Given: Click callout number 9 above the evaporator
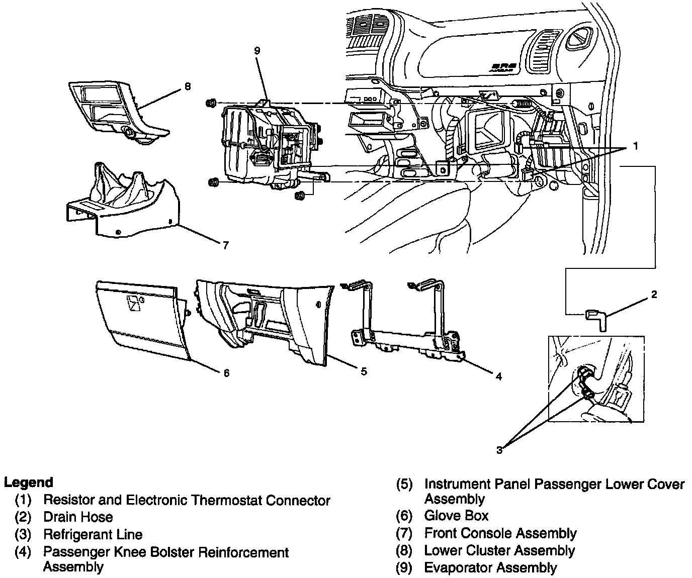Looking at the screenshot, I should tap(257, 51).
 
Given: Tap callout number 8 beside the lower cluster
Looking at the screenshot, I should tap(188, 86).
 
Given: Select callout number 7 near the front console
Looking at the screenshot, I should tap(226, 245).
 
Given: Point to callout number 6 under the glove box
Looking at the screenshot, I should tap(226, 373).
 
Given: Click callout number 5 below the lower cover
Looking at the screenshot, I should tap(364, 371).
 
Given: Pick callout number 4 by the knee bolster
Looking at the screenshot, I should tap(498, 376).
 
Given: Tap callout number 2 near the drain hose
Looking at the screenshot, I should tap(654, 295).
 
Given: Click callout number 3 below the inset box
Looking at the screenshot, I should tap(499, 450).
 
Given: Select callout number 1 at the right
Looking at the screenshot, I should tap(635, 146).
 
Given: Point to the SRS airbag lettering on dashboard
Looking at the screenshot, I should tap(502, 67).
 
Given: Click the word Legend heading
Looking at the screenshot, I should tap(28, 483).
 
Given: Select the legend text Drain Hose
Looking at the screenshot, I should tap(78, 517).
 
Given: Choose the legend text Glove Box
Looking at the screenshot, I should tap(456, 516).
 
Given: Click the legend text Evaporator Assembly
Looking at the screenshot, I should tap(490, 568).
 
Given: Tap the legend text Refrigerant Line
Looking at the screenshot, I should tap(93, 534).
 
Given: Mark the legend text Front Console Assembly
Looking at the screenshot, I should tap(500, 533).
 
